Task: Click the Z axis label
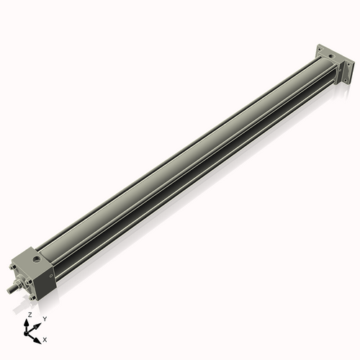[x=30, y=315]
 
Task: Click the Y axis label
[x=45, y=318]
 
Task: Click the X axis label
[x=45, y=338]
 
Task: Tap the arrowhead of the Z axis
[x=28, y=323]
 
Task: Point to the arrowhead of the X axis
[x=39, y=337]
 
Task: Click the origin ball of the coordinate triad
[x=29, y=333]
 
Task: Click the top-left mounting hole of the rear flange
[x=320, y=50]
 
